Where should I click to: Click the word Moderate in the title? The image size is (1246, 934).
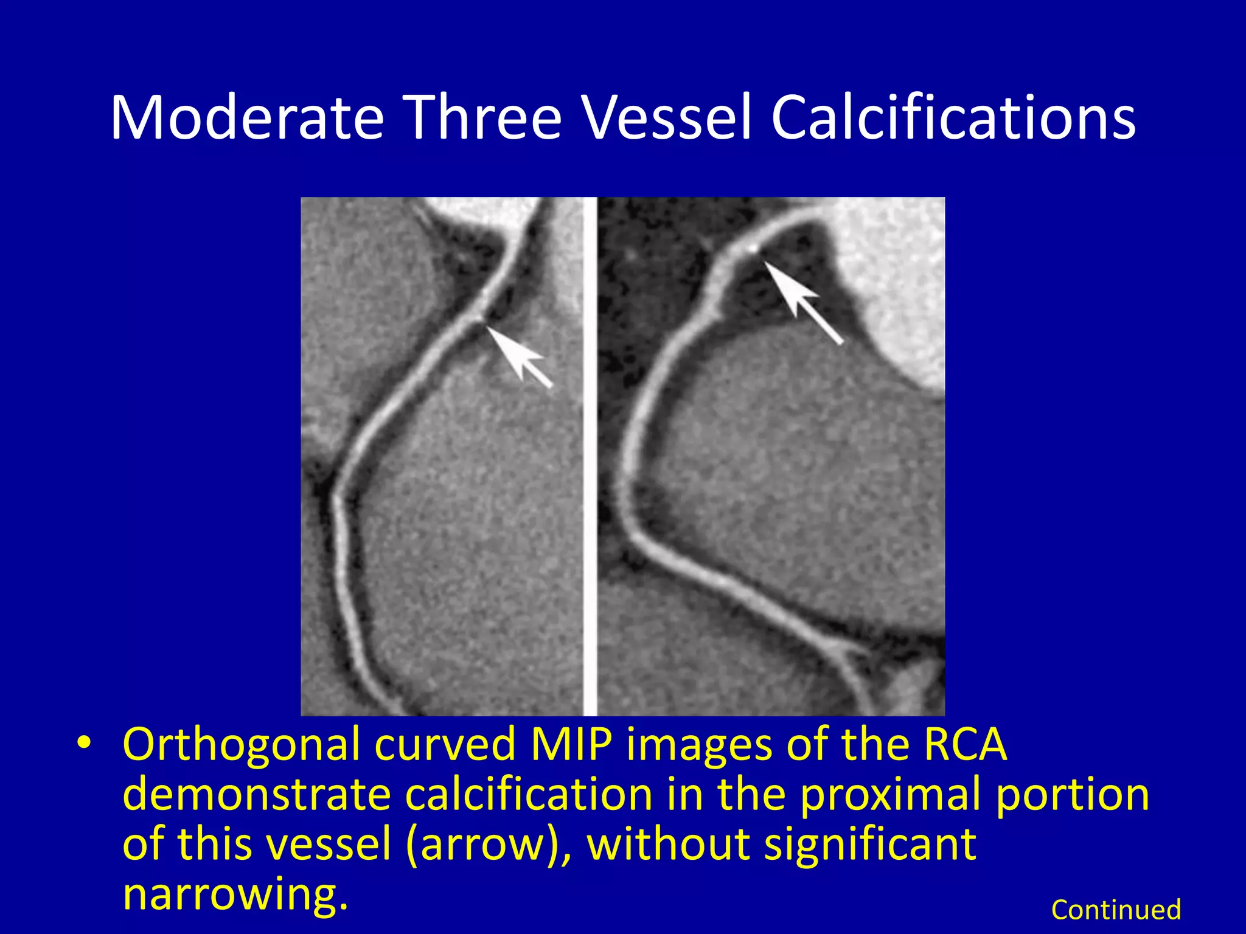[247, 117]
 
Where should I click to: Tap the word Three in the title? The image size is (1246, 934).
[483, 117]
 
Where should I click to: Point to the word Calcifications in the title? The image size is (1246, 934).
[953, 117]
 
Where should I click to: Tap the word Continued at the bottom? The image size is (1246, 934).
[1116, 910]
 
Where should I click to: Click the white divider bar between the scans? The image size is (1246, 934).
[590, 456]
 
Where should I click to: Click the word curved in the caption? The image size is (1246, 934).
[445, 744]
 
